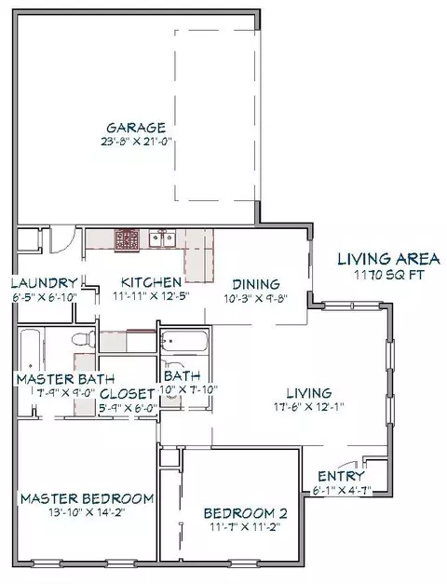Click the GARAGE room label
136,128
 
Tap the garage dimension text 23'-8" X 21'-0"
136,142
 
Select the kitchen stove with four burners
127,239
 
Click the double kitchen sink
162,238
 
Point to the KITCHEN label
151,282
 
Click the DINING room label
256,285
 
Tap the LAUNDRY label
45,283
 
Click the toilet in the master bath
84,339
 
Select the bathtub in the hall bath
183,341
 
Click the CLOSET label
128,394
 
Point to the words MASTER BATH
65,379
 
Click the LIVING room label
309,393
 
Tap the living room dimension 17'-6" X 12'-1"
309,407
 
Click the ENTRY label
341,476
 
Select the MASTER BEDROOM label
87,498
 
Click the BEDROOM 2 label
246,513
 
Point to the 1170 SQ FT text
388,275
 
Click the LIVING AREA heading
388,259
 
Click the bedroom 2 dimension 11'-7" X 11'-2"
246,527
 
